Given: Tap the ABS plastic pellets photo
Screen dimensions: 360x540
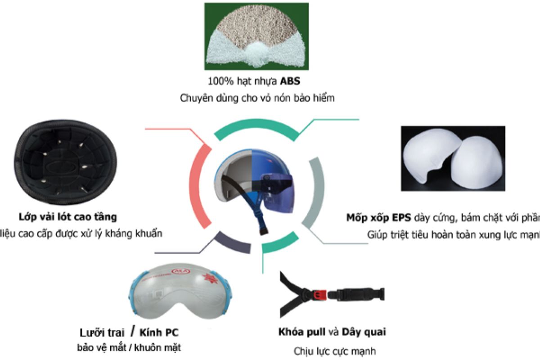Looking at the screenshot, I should pos(256,36).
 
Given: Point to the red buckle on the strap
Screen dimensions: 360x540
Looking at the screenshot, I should pos(319,295).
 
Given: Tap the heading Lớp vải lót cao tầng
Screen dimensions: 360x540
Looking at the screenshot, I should pos(68,217).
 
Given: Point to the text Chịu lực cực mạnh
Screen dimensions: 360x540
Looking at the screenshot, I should pos(331,351).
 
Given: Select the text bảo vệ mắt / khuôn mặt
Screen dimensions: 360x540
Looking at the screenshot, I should pos(130,348).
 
